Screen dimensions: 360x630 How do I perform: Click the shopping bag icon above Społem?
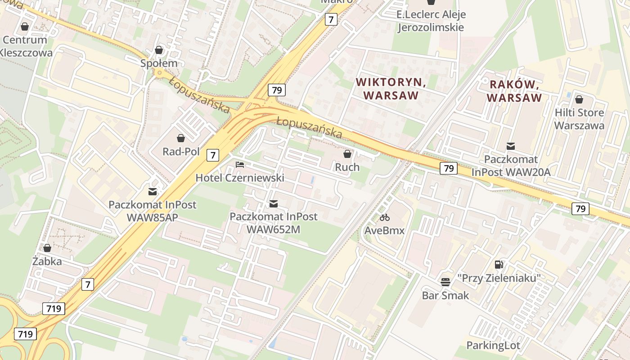pos(159,50)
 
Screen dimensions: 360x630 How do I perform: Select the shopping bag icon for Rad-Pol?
pos(181,138)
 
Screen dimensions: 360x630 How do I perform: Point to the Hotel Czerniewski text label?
pos(240,178)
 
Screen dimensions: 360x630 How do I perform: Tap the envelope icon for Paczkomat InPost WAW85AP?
pos(153,191)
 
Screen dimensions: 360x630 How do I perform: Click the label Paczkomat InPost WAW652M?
pos(273,223)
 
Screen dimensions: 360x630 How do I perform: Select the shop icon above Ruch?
pos(347,154)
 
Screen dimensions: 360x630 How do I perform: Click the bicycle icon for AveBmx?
pos(384,218)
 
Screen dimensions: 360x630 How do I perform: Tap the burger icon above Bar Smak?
pos(445,282)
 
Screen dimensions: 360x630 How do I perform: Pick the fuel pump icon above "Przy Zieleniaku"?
pos(499,265)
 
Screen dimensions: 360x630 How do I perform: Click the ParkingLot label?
pos(493,346)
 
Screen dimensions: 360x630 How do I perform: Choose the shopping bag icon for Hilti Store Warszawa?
pos(579,99)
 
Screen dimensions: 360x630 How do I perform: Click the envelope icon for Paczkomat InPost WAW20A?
pos(511,146)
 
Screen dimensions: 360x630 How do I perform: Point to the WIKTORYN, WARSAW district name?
pos(391,89)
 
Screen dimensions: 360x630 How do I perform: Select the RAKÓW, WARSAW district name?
pos(514,91)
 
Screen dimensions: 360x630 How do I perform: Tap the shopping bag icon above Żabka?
pos(47,248)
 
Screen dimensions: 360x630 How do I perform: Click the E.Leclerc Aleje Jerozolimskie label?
pos(431,21)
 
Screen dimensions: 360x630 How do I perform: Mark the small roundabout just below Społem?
pos(158,73)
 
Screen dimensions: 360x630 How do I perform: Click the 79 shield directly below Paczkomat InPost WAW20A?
pos(448,168)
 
